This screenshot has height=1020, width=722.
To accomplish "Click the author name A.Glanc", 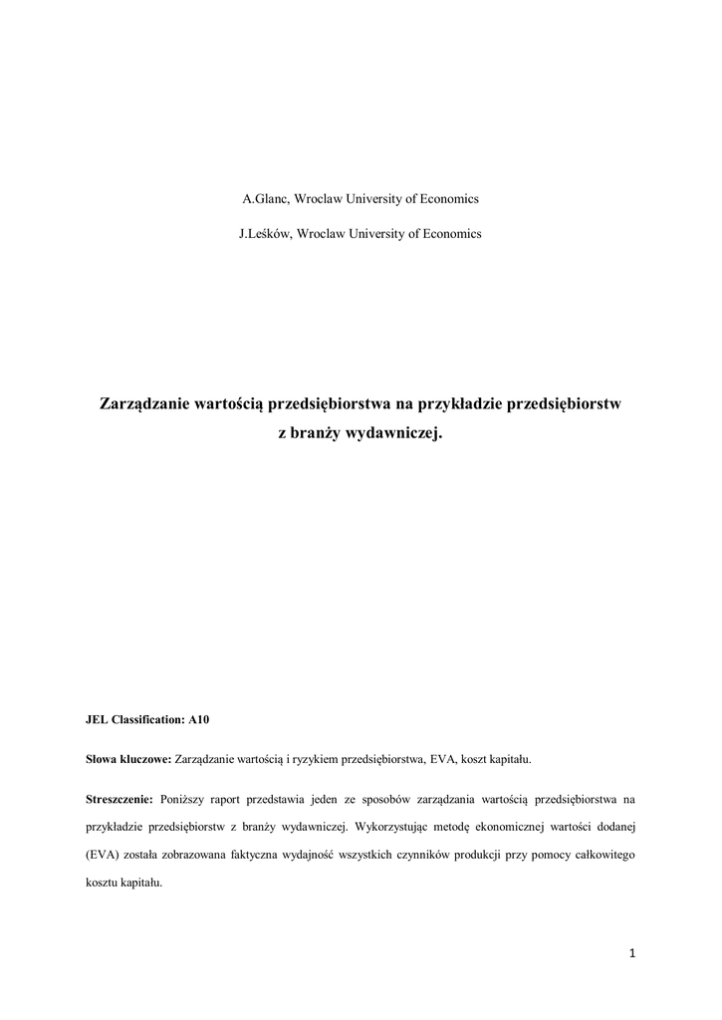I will click(x=264, y=198).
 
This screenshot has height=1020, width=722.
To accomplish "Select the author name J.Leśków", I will click(x=264, y=234).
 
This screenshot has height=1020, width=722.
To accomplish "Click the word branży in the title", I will click(x=316, y=434).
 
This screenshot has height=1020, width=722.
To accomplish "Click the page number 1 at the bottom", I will click(x=632, y=954).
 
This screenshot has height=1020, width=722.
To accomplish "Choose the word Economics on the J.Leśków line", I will click(x=447, y=234).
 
